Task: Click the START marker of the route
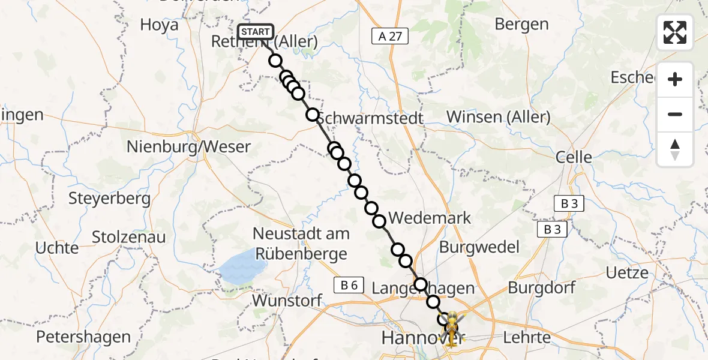click(x=256, y=31)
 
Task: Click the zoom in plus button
click(x=675, y=80)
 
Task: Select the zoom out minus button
click(x=675, y=114)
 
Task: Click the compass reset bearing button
click(x=675, y=149)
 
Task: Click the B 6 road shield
click(x=349, y=286)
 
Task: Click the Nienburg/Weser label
click(x=188, y=146)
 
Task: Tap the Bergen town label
click(x=522, y=24)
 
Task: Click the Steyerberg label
click(x=109, y=198)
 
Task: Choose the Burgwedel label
click(x=479, y=247)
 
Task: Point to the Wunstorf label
click(x=287, y=300)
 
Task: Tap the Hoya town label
click(x=159, y=25)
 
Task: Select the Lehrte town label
click(x=528, y=337)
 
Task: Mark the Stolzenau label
click(x=129, y=237)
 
